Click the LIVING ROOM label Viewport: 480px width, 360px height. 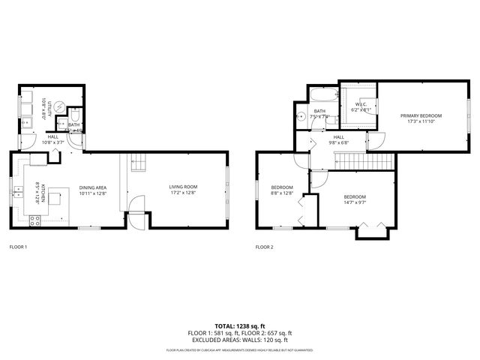182,187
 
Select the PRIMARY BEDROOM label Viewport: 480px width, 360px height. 421,115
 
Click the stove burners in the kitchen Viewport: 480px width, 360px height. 34,220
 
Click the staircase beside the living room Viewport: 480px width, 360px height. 136,161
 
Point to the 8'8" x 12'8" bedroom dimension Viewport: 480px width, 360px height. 282,191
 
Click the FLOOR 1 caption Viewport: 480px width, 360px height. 18,247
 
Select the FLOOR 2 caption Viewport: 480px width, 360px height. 264,247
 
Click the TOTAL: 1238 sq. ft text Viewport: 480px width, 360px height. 240,326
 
